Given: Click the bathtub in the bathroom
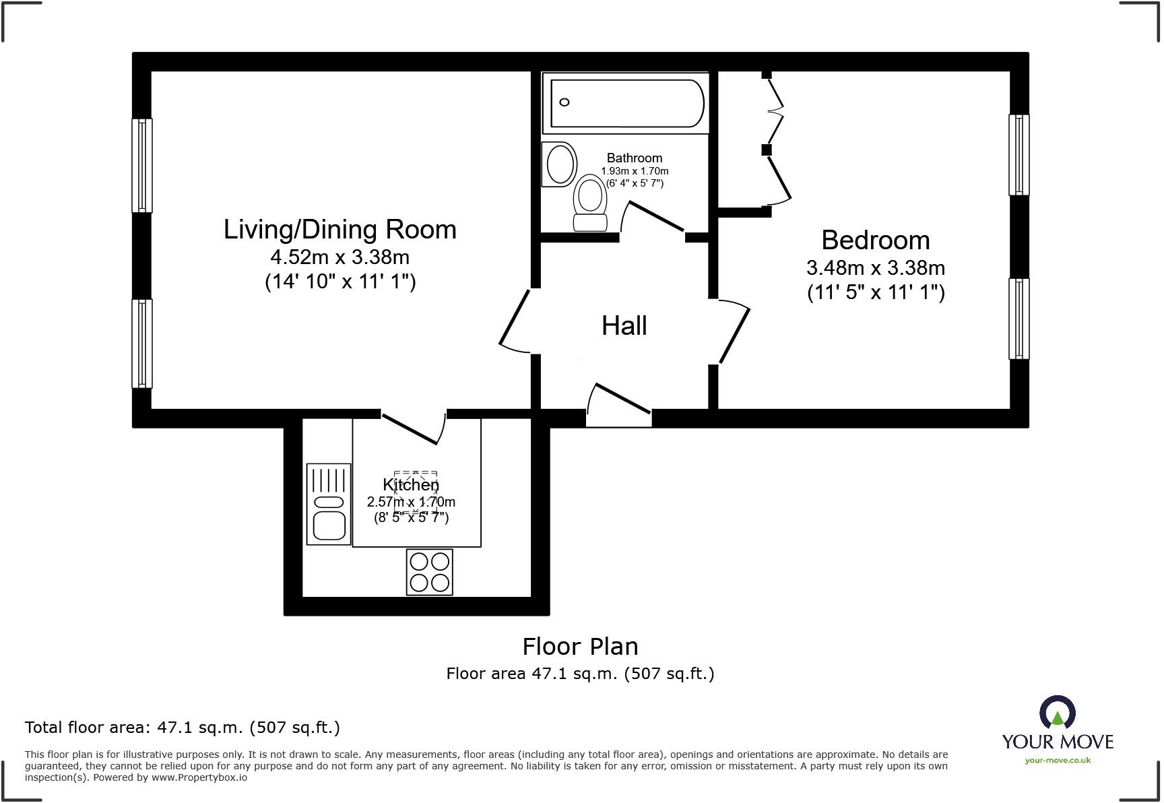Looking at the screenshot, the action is tap(626, 103).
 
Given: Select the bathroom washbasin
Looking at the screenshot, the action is tap(560, 163).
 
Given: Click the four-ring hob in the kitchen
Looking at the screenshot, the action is tap(430, 572).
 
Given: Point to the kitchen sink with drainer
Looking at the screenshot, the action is tap(329, 503).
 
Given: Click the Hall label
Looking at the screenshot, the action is tap(624, 326).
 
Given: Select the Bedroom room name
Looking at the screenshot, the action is tap(876, 240).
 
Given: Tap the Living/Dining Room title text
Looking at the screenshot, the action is tap(340, 229).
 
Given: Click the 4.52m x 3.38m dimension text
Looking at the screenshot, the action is tap(340, 257).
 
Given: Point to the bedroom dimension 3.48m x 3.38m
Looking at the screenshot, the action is tap(876, 267).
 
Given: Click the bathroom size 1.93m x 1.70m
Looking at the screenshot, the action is tap(635, 171).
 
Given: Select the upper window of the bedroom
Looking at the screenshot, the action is tap(1019, 154).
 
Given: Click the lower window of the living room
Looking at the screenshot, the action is tap(141, 344).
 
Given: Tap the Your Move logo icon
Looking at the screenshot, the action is tap(1058, 713).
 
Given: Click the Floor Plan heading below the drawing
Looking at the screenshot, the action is tap(581, 647).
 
